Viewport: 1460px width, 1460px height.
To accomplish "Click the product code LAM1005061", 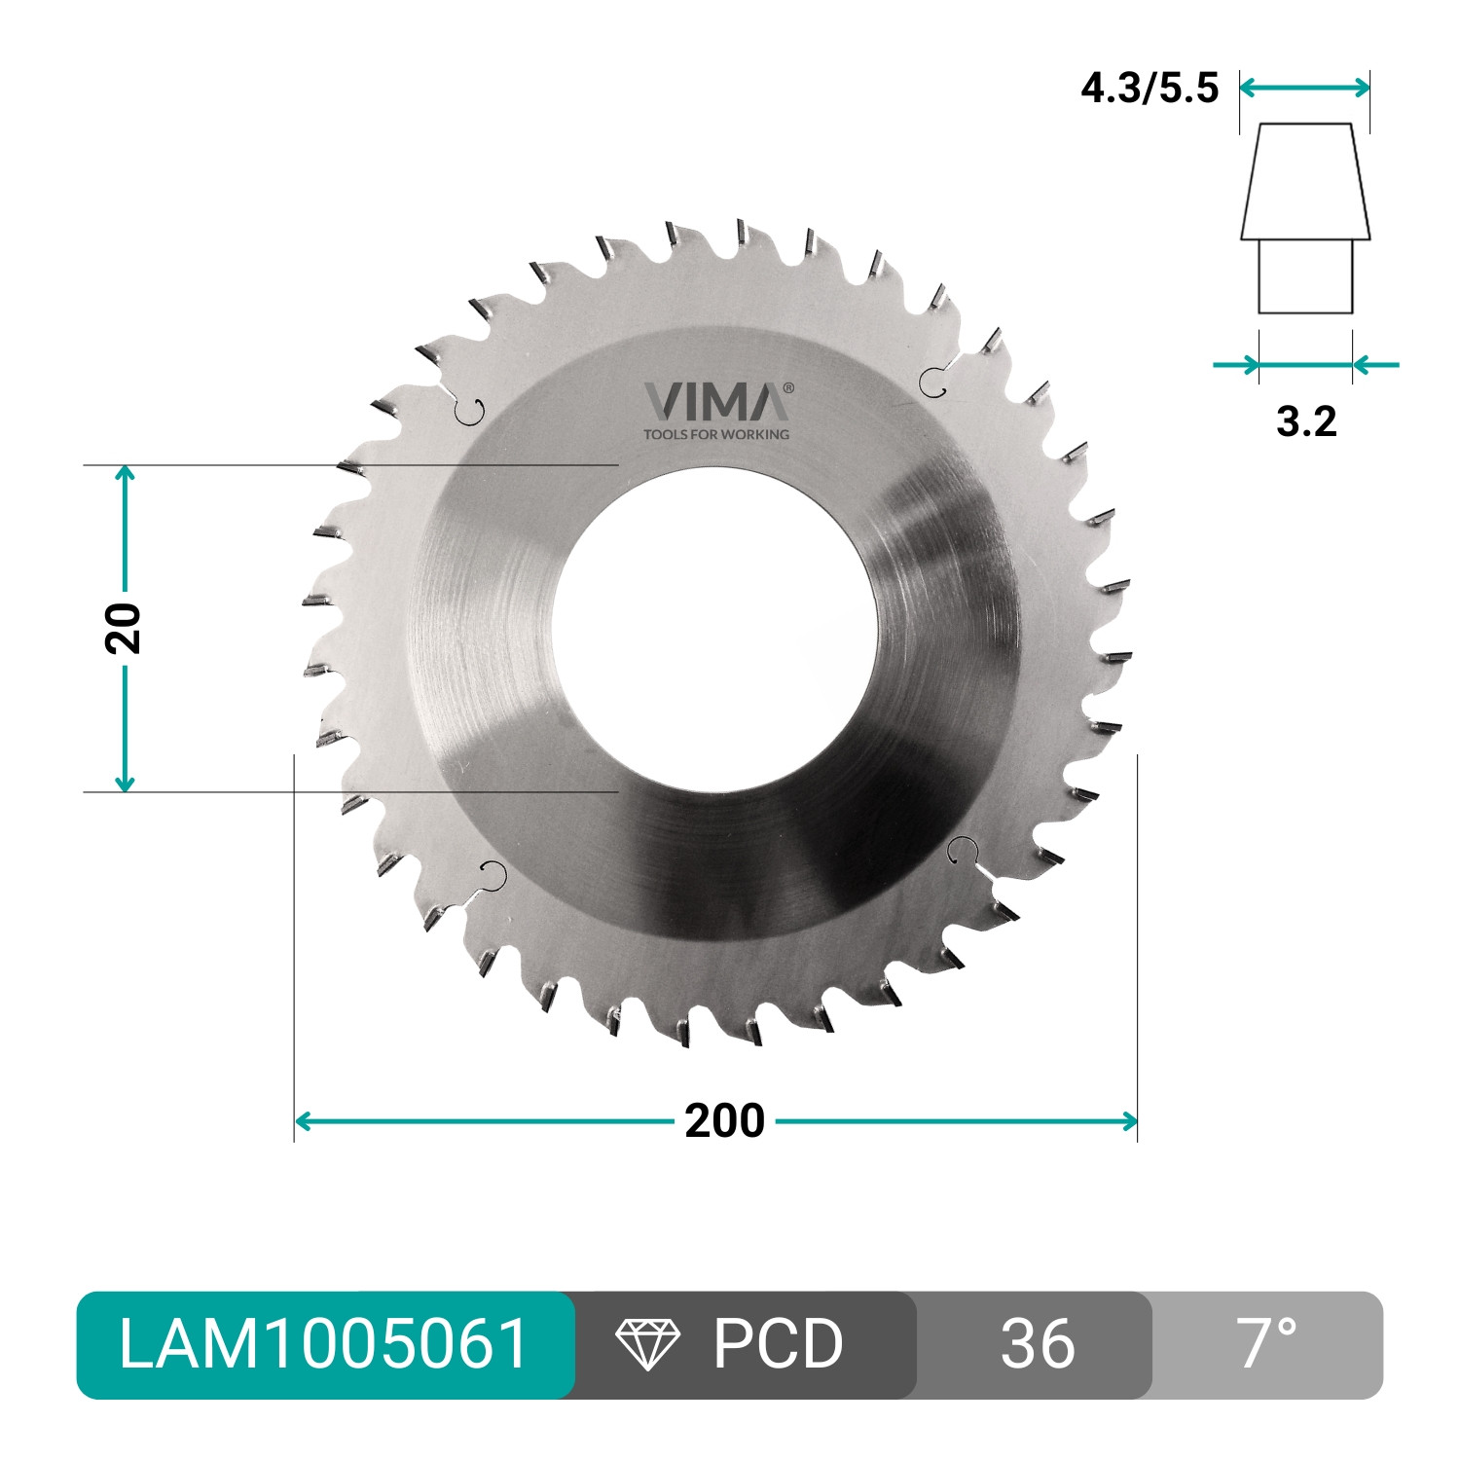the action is [324, 1344].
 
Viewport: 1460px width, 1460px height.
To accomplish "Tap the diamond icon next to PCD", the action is [648, 1344].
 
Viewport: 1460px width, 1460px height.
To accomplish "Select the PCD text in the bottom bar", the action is [778, 1344].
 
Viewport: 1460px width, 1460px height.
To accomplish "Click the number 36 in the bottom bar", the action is [1038, 1344].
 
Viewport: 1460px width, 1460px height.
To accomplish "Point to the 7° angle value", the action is [1267, 1343].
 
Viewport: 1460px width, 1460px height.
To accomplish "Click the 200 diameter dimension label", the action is [724, 1121].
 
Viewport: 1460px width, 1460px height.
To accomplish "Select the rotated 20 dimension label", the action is [124, 628].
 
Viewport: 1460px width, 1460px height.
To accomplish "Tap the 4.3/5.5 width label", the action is [1150, 89].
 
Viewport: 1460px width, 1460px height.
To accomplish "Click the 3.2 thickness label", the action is [1306, 421].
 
